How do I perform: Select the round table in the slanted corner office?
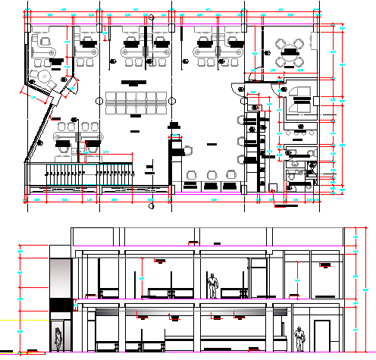(40, 78)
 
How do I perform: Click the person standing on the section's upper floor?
(213, 285)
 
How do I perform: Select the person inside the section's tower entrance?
(58, 340)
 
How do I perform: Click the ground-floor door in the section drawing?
(321, 336)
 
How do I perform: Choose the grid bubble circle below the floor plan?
(151, 203)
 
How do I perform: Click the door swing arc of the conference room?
(255, 74)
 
